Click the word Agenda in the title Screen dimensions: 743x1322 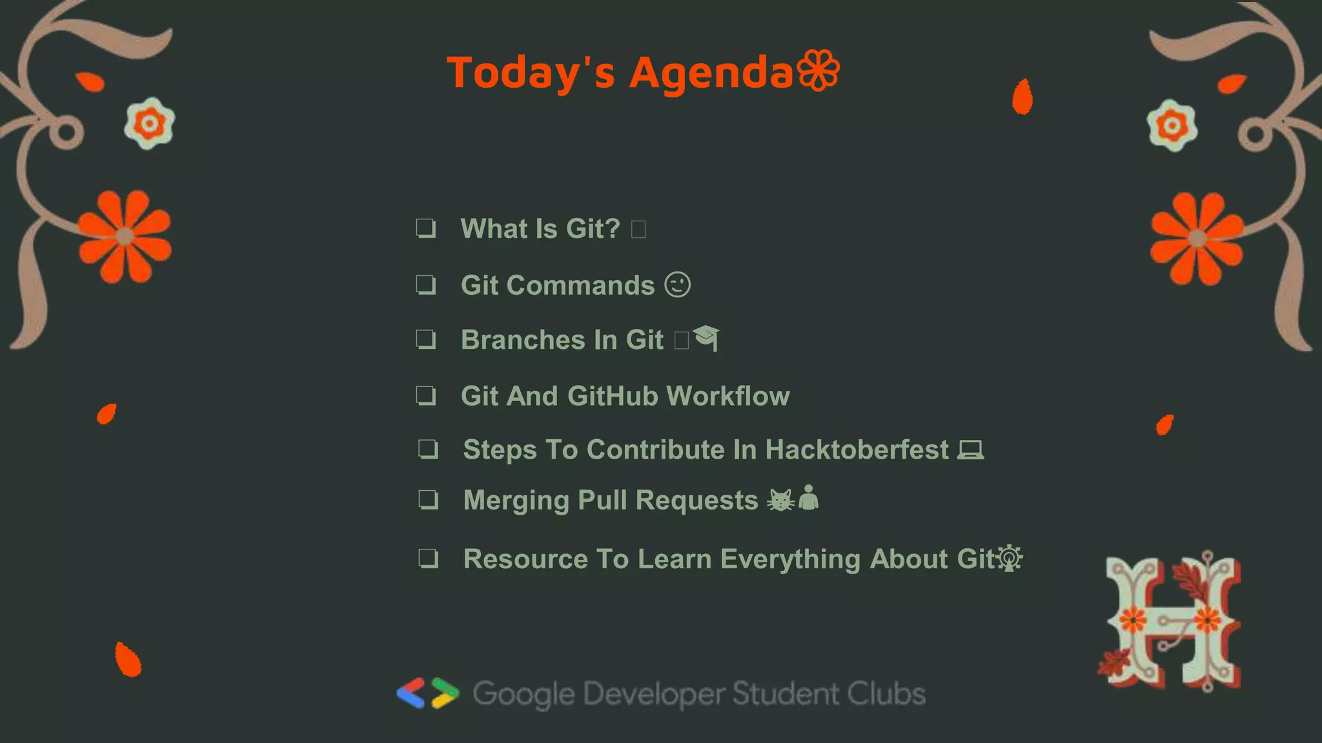point(711,72)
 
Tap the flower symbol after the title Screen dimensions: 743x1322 point(819,70)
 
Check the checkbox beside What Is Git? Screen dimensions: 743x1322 point(425,228)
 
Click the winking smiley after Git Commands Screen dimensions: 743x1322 point(678,284)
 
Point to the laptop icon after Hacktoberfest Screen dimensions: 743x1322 point(970,450)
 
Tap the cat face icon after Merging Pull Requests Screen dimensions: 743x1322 point(780,500)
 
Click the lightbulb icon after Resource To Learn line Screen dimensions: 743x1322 point(1010,559)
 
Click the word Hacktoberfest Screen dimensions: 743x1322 point(857,450)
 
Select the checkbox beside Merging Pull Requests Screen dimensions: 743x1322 point(428,499)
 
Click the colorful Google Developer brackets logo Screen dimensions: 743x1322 point(427,693)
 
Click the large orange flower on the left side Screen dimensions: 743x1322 point(125,237)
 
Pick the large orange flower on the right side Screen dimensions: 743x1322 point(1197,239)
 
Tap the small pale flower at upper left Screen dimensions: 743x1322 point(149,123)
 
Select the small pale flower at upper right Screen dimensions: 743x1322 point(1172,125)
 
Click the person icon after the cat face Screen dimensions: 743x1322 point(808,498)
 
